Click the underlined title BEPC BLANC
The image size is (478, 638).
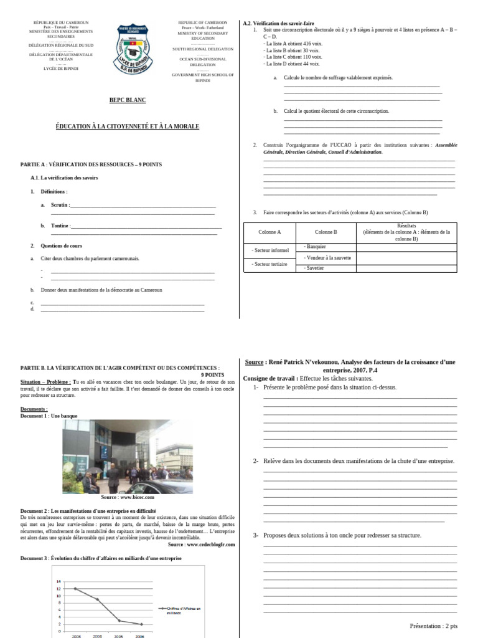[x=128, y=100]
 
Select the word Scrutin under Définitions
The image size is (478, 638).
[x=60, y=205]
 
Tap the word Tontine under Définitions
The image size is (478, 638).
[x=60, y=226]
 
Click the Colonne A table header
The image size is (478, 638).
[x=269, y=232]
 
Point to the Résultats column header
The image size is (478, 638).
[x=406, y=232]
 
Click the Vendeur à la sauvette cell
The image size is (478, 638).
[x=328, y=257]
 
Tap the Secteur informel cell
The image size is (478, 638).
[x=270, y=250]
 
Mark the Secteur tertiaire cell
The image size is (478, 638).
[x=269, y=264]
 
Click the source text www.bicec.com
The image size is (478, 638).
[x=128, y=497]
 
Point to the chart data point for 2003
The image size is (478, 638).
[x=75, y=589]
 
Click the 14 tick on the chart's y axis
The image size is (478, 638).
[x=59, y=581]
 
